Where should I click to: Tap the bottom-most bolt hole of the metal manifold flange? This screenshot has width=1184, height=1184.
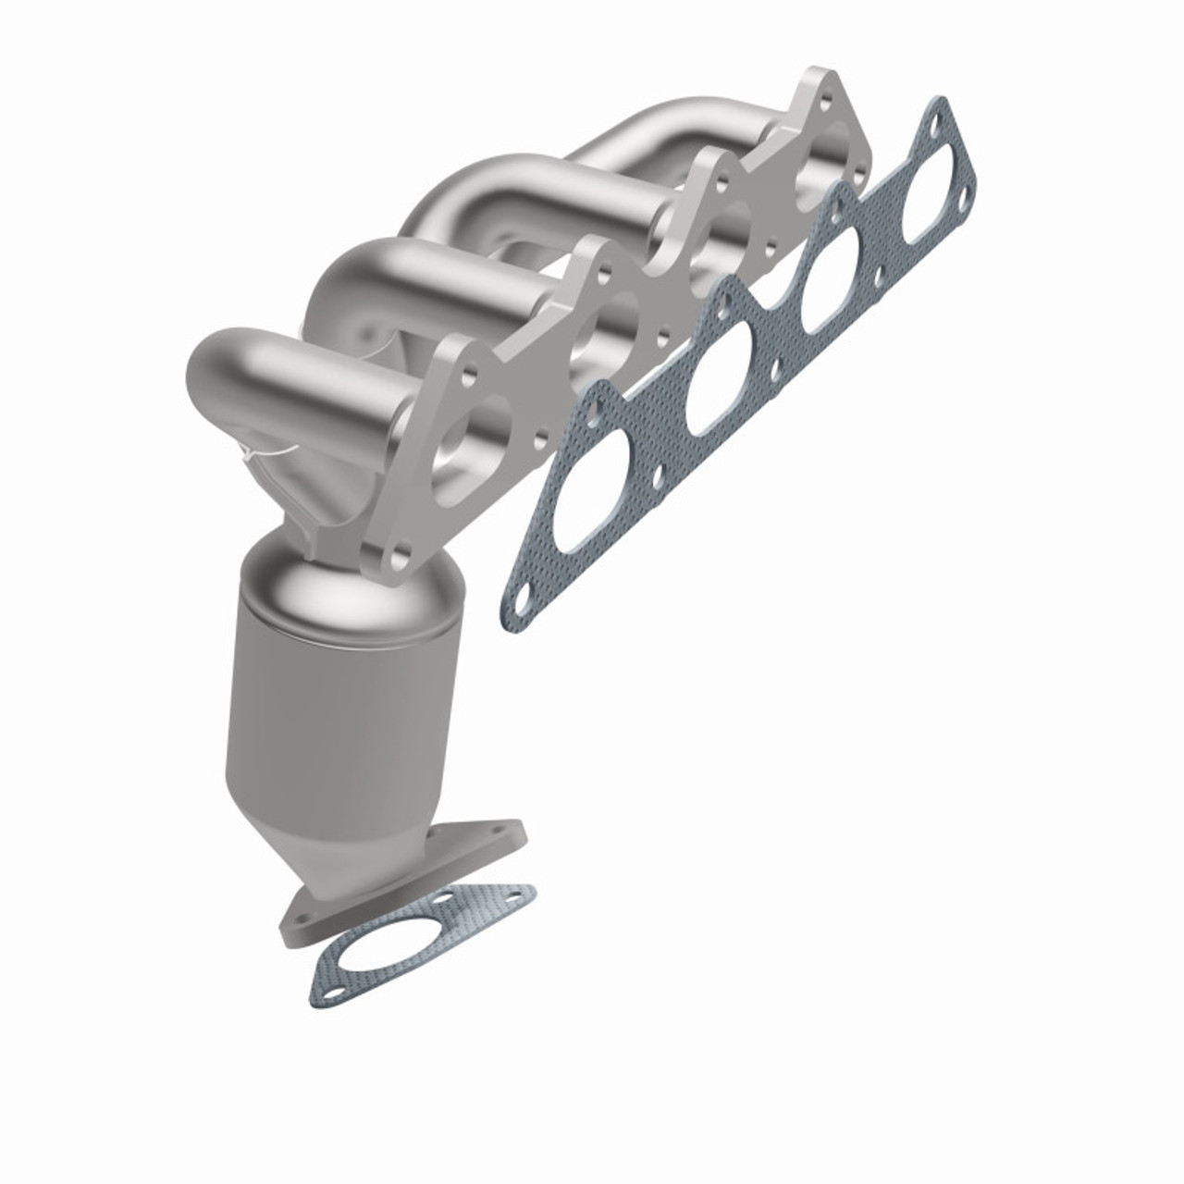click(401, 559)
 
